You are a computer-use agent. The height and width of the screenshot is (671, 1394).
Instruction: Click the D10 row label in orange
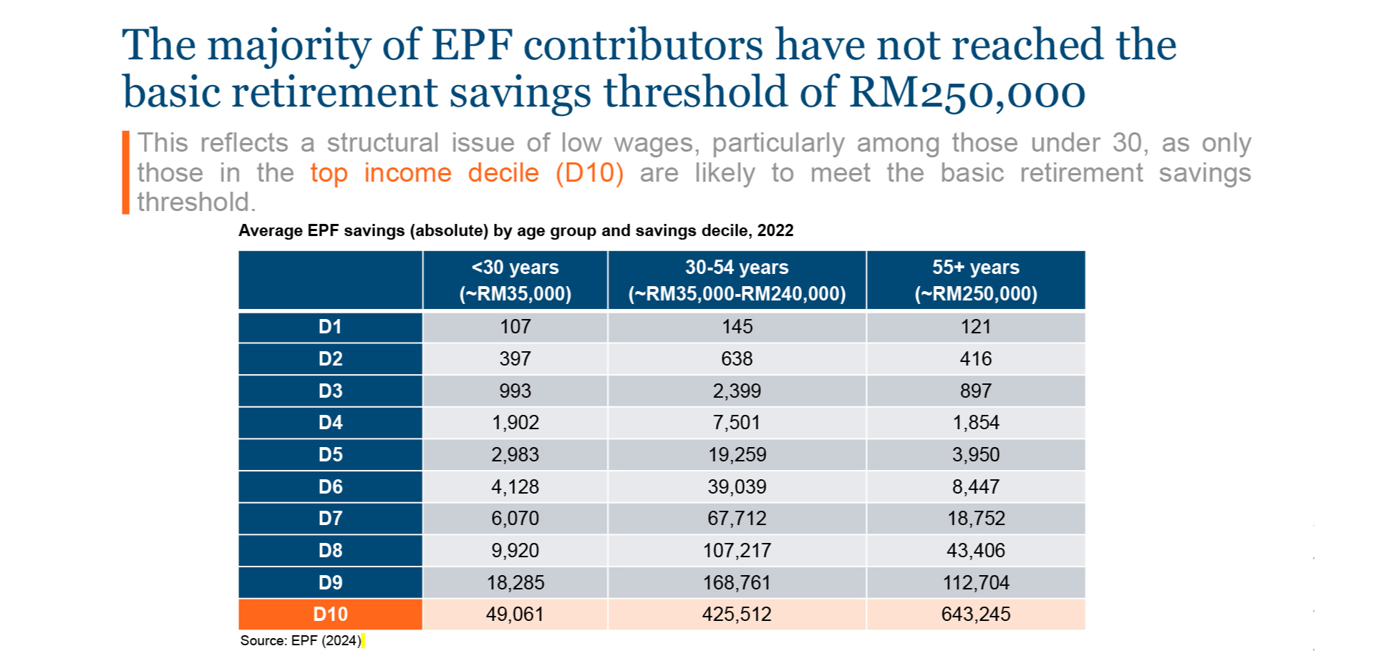(x=330, y=614)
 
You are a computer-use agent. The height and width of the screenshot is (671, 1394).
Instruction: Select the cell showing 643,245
(x=975, y=614)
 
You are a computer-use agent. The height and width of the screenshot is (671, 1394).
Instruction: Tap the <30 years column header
(x=515, y=280)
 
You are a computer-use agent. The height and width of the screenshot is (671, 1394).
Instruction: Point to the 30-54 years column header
(x=737, y=280)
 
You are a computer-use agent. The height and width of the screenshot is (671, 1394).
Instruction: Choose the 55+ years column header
(x=975, y=280)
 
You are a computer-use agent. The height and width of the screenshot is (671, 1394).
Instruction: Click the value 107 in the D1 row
(x=515, y=327)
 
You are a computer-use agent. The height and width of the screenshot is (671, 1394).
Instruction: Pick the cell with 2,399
(x=737, y=391)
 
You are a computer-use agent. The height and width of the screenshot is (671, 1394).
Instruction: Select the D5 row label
(x=330, y=454)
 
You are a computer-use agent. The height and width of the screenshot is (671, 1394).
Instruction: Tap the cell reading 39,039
(x=737, y=486)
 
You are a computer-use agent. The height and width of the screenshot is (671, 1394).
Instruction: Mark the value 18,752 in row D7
(x=975, y=518)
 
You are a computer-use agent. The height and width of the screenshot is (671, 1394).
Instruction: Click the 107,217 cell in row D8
(x=737, y=550)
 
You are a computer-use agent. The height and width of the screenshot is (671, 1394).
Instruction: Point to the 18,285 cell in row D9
(x=515, y=582)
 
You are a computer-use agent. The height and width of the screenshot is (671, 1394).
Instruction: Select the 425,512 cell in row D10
(x=737, y=614)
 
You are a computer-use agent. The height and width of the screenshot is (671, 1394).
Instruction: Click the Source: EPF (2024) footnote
(x=301, y=640)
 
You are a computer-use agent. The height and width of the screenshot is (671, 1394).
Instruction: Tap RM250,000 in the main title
(x=967, y=93)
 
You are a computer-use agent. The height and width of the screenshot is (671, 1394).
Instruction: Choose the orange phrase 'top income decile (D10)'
(x=467, y=173)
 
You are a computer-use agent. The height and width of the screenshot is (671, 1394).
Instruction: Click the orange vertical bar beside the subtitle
(x=126, y=172)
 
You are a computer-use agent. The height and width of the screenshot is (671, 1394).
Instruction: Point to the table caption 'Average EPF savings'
(x=516, y=230)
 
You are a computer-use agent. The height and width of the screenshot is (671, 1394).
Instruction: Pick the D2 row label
(x=330, y=358)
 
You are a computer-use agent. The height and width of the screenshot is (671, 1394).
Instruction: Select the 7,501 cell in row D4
(x=737, y=422)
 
